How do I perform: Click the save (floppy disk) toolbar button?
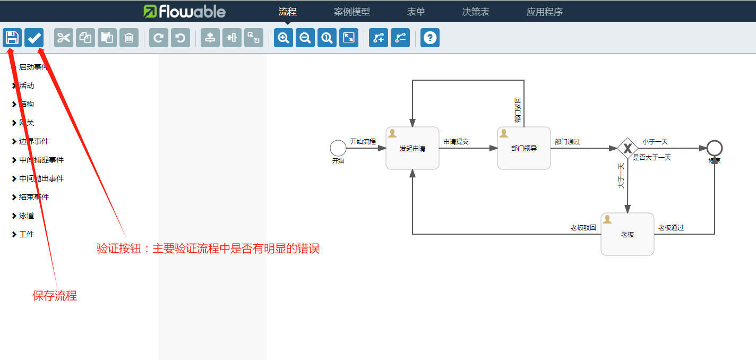[12, 38]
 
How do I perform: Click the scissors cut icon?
[64, 38]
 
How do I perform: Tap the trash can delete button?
[129, 38]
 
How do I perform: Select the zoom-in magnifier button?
[283, 38]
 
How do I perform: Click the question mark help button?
[430, 38]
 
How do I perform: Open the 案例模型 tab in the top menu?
[352, 12]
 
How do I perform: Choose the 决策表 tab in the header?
[476, 12]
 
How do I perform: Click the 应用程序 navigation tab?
[544, 12]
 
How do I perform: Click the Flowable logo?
[185, 11]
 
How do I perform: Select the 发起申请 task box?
[413, 148]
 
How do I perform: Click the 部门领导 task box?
[524, 148]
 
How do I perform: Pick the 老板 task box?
[628, 234]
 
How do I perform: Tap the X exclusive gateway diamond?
[628, 148]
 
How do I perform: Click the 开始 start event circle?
[338, 148]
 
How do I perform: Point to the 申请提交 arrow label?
[457, 142]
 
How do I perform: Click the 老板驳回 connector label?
[583, 228]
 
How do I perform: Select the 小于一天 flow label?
[655, 142]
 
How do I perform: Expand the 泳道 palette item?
[27, 216]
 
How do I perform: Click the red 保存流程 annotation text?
[55, 296]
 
